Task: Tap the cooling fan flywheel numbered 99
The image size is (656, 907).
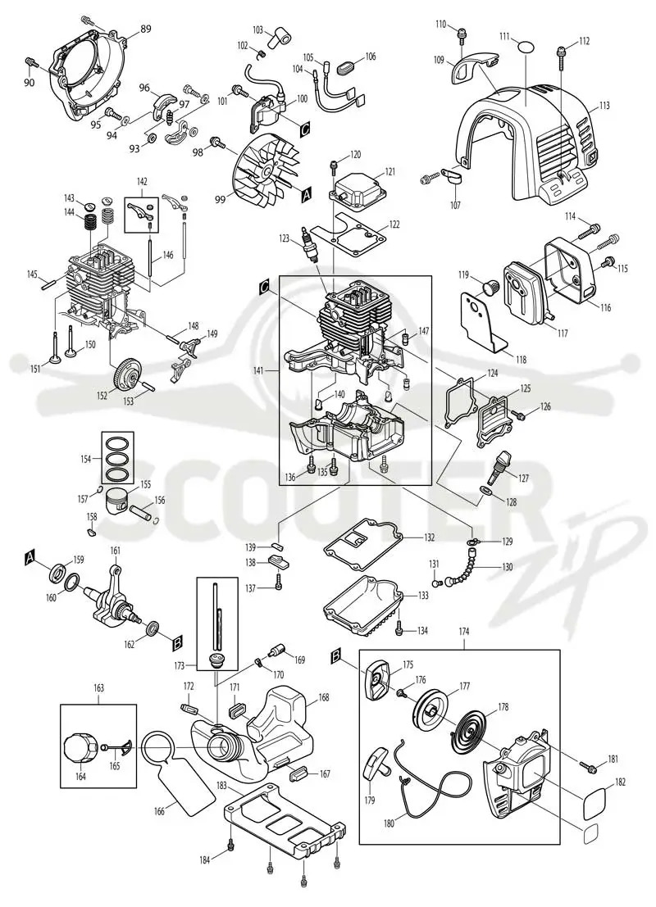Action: point(270,168)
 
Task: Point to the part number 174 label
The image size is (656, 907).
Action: point(464,633)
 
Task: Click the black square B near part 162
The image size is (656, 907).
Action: point(177,641)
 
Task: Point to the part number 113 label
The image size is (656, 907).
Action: point(604,106)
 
